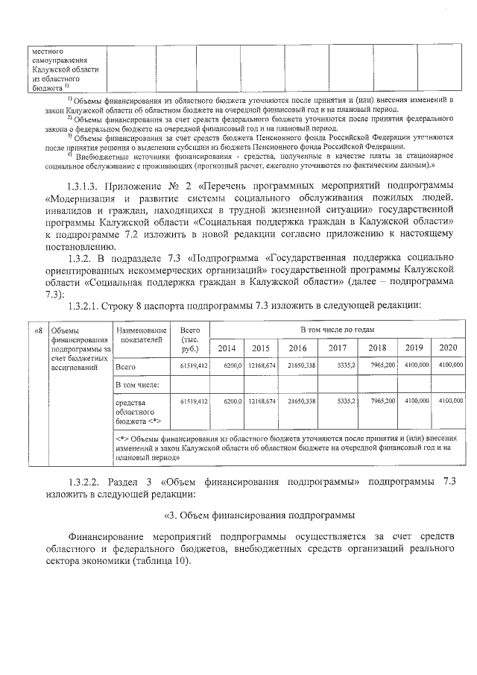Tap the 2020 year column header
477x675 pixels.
[x=447, y=348]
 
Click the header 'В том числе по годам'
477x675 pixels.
[x=337, y=329]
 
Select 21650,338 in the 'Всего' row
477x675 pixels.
[x=299, y=367]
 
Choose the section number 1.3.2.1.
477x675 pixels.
[x=87, y=305]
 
